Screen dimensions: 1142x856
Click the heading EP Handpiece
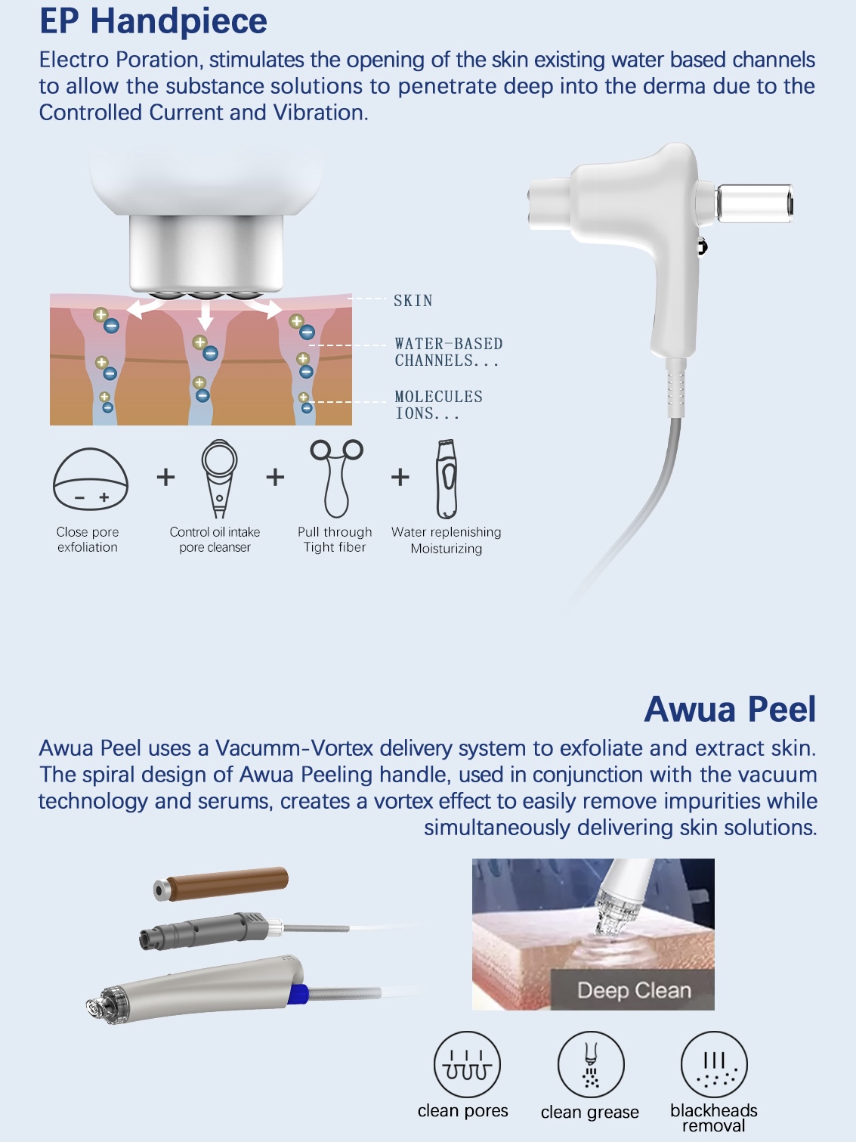click(153, 21)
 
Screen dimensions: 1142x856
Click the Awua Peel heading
click(730, 710)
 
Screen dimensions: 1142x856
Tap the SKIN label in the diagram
click(413, 301)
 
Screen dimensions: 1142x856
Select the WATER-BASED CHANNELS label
click(448, 352)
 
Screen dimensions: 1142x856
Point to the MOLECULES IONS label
click(438, 405)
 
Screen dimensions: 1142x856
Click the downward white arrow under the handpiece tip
click(206, 314)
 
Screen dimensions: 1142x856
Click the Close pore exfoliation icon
click(90, 480)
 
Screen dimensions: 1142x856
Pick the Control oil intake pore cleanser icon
click(219, 478)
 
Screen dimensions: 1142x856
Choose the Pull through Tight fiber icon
click(336, 478)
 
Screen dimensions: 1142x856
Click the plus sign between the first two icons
click(165, 477)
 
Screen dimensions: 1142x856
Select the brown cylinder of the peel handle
click(227, 883)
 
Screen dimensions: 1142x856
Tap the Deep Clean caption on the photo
click(634, 990)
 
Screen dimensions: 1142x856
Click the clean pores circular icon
click(467, 1064)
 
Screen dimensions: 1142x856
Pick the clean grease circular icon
click(591, 1064)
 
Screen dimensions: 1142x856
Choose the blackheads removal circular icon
click(714, 1064)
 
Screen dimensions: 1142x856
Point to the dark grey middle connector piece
click(204, 930)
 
